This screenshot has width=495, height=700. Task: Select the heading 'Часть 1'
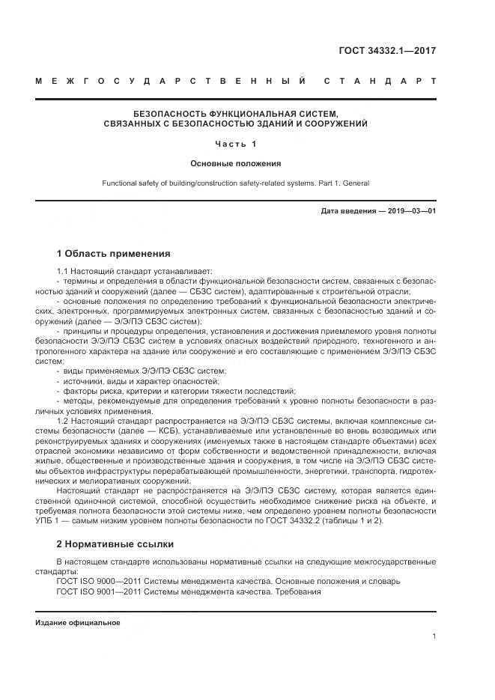pyautogui.click(x=235, y=143)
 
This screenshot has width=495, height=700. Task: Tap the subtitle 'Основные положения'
pyautogui.click(x=235, y=162)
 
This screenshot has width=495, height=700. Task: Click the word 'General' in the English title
pyautogui.click(x=356, y=183)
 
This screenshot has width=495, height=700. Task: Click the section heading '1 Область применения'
pyautogui.click(x=113, y=253)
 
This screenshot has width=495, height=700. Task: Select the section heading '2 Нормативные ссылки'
pyautogui.click(x=115, y=544)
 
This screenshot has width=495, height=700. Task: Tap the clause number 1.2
pyautogui.click(x=63, y=419)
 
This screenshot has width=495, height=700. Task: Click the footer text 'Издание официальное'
pyautogui.click(x=78, y=623)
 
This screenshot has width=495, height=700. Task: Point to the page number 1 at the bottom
pyautogui.click(x=434, y=636)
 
